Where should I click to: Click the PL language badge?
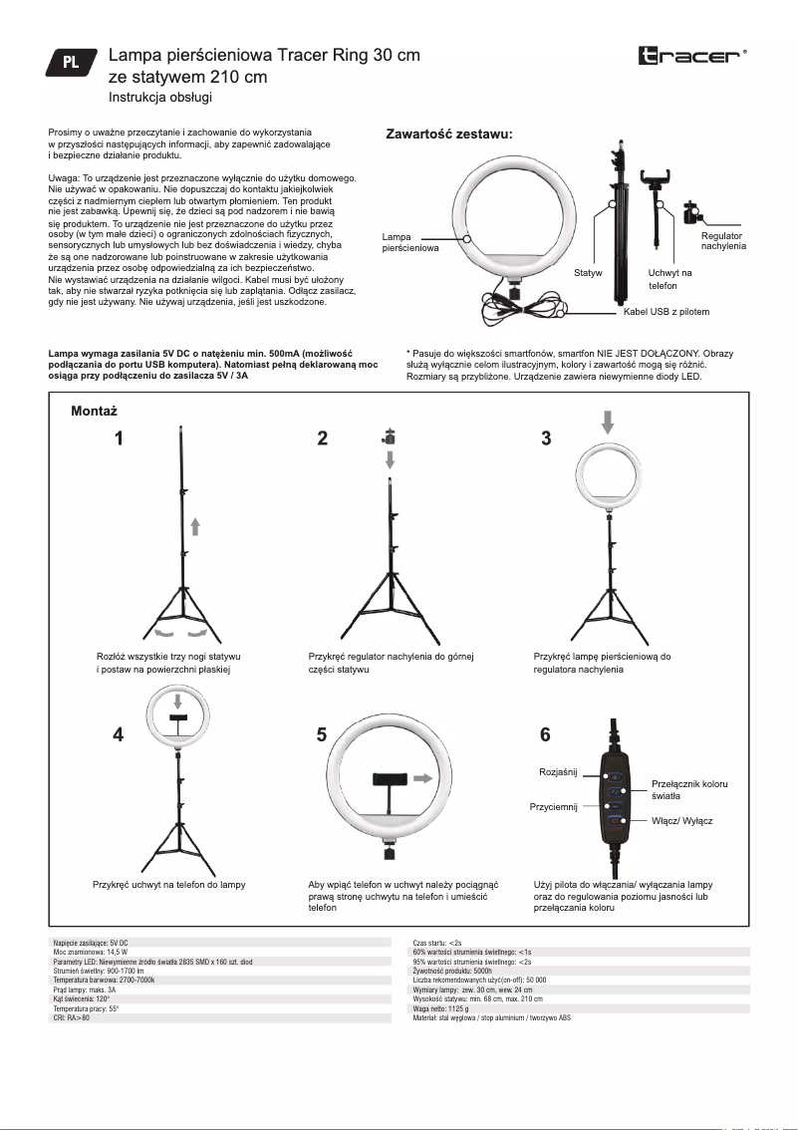[72, 62]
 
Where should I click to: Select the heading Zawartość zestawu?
[449, 134]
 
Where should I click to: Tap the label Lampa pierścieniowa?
[410, 242]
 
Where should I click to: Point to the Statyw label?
[589, 272]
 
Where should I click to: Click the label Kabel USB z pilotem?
[666, 312]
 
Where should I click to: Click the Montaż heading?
[96, 411]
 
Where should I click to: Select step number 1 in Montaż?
[119, 438]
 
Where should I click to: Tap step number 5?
[321, 735]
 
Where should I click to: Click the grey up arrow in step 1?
[196, 526]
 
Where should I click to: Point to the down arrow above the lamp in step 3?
[607, 422]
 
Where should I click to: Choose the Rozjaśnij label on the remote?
[558, 772]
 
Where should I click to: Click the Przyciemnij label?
[554, 807]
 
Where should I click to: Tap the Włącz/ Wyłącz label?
[682, 822]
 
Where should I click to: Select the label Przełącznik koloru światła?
[688, 790]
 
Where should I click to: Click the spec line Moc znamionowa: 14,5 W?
[83, 952]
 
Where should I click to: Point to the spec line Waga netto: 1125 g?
[439, 1008]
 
